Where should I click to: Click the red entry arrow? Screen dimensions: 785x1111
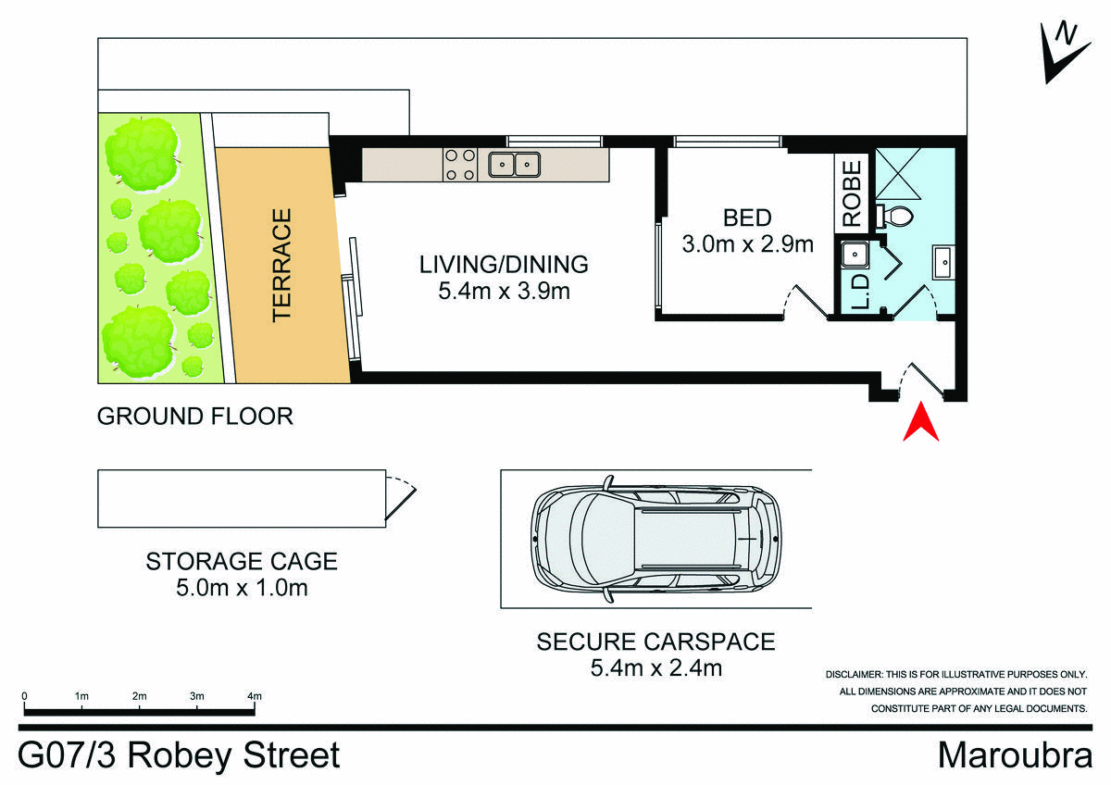pyautogui.click(x=922, y=423)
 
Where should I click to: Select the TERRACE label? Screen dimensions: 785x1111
pyautogui.click(x=281, y=265)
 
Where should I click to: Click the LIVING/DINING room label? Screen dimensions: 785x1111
pyautogui.click(x=504, y=264)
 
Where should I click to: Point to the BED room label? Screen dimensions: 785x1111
pyautogui.click(x=747, y=218)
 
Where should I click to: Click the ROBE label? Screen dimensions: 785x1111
pyautogui.click(x=853, y=194)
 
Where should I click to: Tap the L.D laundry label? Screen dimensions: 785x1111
pyautogui.click(x=858, y=291)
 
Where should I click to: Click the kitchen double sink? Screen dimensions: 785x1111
pyautogui.click(x=515, y=165)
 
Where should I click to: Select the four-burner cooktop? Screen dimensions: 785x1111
pyautogui.click(x=461, y=165)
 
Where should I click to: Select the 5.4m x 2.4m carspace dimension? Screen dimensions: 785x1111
pyautogui.click(x=655, y=667)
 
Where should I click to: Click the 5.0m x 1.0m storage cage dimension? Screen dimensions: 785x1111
pyautogui.click(x=241, y=588)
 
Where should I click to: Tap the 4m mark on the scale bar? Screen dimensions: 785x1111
pyautogui.click(x=255, y=695)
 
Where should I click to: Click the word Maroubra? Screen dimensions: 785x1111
pyautogui.click(x=1015, y=754)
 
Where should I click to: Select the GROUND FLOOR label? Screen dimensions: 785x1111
pyautogui.click(x=195, y=417)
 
